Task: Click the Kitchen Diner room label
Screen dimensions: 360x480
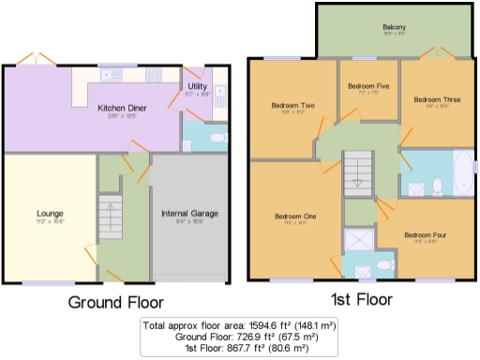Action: pyautogui.click(x=124, y=107)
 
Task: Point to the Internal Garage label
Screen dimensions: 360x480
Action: pyautogui.click(x=188, y=214)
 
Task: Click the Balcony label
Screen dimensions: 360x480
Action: pyautogui.click(x=394, y=28)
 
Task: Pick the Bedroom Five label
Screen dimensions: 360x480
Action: pyautogui.click(x=367, y=86)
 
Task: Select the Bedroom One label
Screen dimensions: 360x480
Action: pyautogui.click(x=295, y=217)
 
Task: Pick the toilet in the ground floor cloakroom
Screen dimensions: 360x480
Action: pyautogui.click(x=217, y=139)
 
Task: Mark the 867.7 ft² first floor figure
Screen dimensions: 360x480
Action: pyautogui.click(x=243, y=348)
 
